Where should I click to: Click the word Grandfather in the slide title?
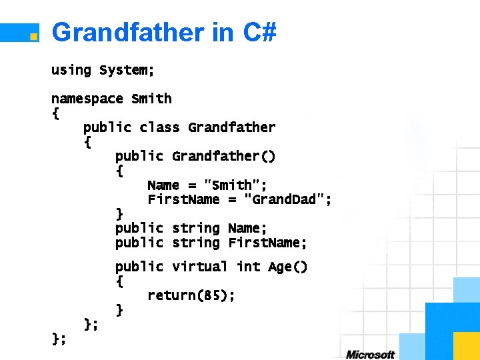[x=128, y=32]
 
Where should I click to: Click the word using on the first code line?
[x=71, y=70]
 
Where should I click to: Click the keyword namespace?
[x=87, y=99]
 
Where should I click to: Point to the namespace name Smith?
[x=151, y=99]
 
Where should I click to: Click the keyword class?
[x=159, y=127]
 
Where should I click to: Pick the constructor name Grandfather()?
[x=223, y=156]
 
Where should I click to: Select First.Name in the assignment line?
[x=183, y=199]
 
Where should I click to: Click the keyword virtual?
[x=200, y=267]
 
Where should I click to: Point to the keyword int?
[x=248, y=267]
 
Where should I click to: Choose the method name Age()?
[x=287, y=267]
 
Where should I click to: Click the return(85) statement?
[x=191, y=295]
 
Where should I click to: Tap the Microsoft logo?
[x=370, y=354]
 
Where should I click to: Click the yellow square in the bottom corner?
[x=466, y=345]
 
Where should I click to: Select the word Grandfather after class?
[x=231, y=127]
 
